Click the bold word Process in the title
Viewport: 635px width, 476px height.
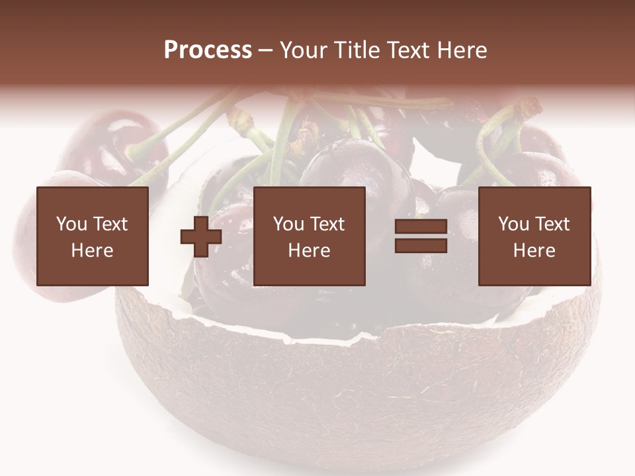coord(208,50)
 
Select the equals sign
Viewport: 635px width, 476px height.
coord(421,237)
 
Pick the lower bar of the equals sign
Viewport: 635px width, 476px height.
coord(421,246)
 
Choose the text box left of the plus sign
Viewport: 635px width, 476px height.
coord(92,236)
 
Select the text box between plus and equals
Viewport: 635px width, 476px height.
coord(309,236)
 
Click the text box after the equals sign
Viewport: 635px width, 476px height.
coord(534,236)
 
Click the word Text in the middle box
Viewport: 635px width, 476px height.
coord(327,224)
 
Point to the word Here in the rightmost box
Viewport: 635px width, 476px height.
coord(534,251)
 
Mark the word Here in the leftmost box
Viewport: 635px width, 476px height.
coord(92,251)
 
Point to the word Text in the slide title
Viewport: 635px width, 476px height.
coord(405,50)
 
